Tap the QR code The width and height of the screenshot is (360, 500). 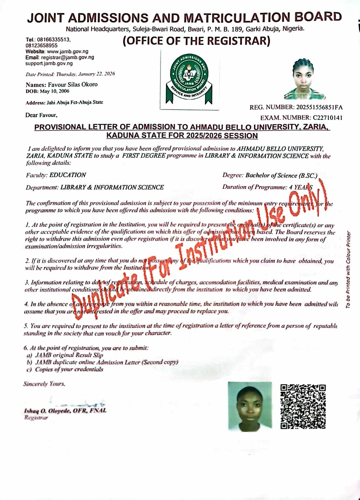pyautogui.click(x=303, y=407)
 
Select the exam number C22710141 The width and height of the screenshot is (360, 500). pyautogui.click(x=327, y=118)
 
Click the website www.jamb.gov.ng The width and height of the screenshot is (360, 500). pyautogui.click(x=67, y=51)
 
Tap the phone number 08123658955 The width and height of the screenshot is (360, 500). pyautogui.click(x=42, y=45)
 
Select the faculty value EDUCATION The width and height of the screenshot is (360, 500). pyautogui.click(x=67, y=175)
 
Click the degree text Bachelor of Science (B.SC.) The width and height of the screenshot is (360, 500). pyautogui.click(x=281, y=175)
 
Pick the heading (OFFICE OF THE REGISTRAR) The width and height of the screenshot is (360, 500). pyautogui.click(x=196, y=41)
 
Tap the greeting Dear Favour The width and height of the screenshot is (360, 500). pyautogui.click(x=41, y=115)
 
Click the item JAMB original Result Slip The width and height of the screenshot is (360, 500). pyautogui.click(x=69, y=355)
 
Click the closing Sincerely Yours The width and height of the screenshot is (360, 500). pyautogui.click(x=44, y=384)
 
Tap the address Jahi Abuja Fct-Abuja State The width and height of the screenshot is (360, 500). pyautogui.click(x=75, y=102)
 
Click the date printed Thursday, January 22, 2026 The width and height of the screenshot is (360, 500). pyautogui.click(x=85, y=74)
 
